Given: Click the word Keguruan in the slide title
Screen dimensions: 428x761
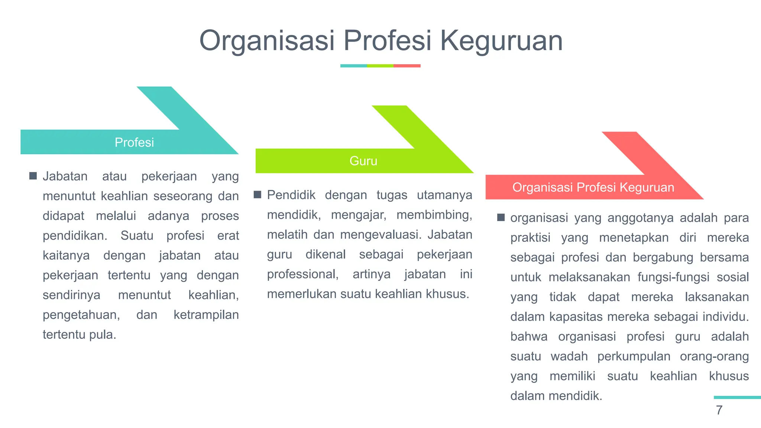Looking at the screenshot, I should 501,40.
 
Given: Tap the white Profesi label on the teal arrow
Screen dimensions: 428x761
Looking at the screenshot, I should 134,142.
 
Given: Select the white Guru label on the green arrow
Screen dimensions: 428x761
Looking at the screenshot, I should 363,161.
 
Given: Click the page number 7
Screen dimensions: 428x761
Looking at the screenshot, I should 719,410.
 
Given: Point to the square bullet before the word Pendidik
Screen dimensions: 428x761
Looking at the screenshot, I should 258,195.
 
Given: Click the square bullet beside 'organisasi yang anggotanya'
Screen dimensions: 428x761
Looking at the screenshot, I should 501,217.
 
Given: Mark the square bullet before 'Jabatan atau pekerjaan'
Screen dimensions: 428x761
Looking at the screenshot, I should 33,176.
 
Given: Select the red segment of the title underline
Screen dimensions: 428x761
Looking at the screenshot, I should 407,66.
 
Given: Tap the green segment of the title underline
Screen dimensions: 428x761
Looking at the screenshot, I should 380,66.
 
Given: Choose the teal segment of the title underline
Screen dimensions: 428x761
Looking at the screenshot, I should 353,66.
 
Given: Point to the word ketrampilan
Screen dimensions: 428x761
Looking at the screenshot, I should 206,315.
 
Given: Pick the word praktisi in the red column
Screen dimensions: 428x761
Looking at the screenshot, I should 530,238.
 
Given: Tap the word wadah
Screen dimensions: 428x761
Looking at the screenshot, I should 569,356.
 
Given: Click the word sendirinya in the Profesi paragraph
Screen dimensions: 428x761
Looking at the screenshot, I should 71,295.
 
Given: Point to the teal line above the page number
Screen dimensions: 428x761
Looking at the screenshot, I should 737,398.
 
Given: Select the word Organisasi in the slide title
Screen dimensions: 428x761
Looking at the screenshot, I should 267,40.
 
